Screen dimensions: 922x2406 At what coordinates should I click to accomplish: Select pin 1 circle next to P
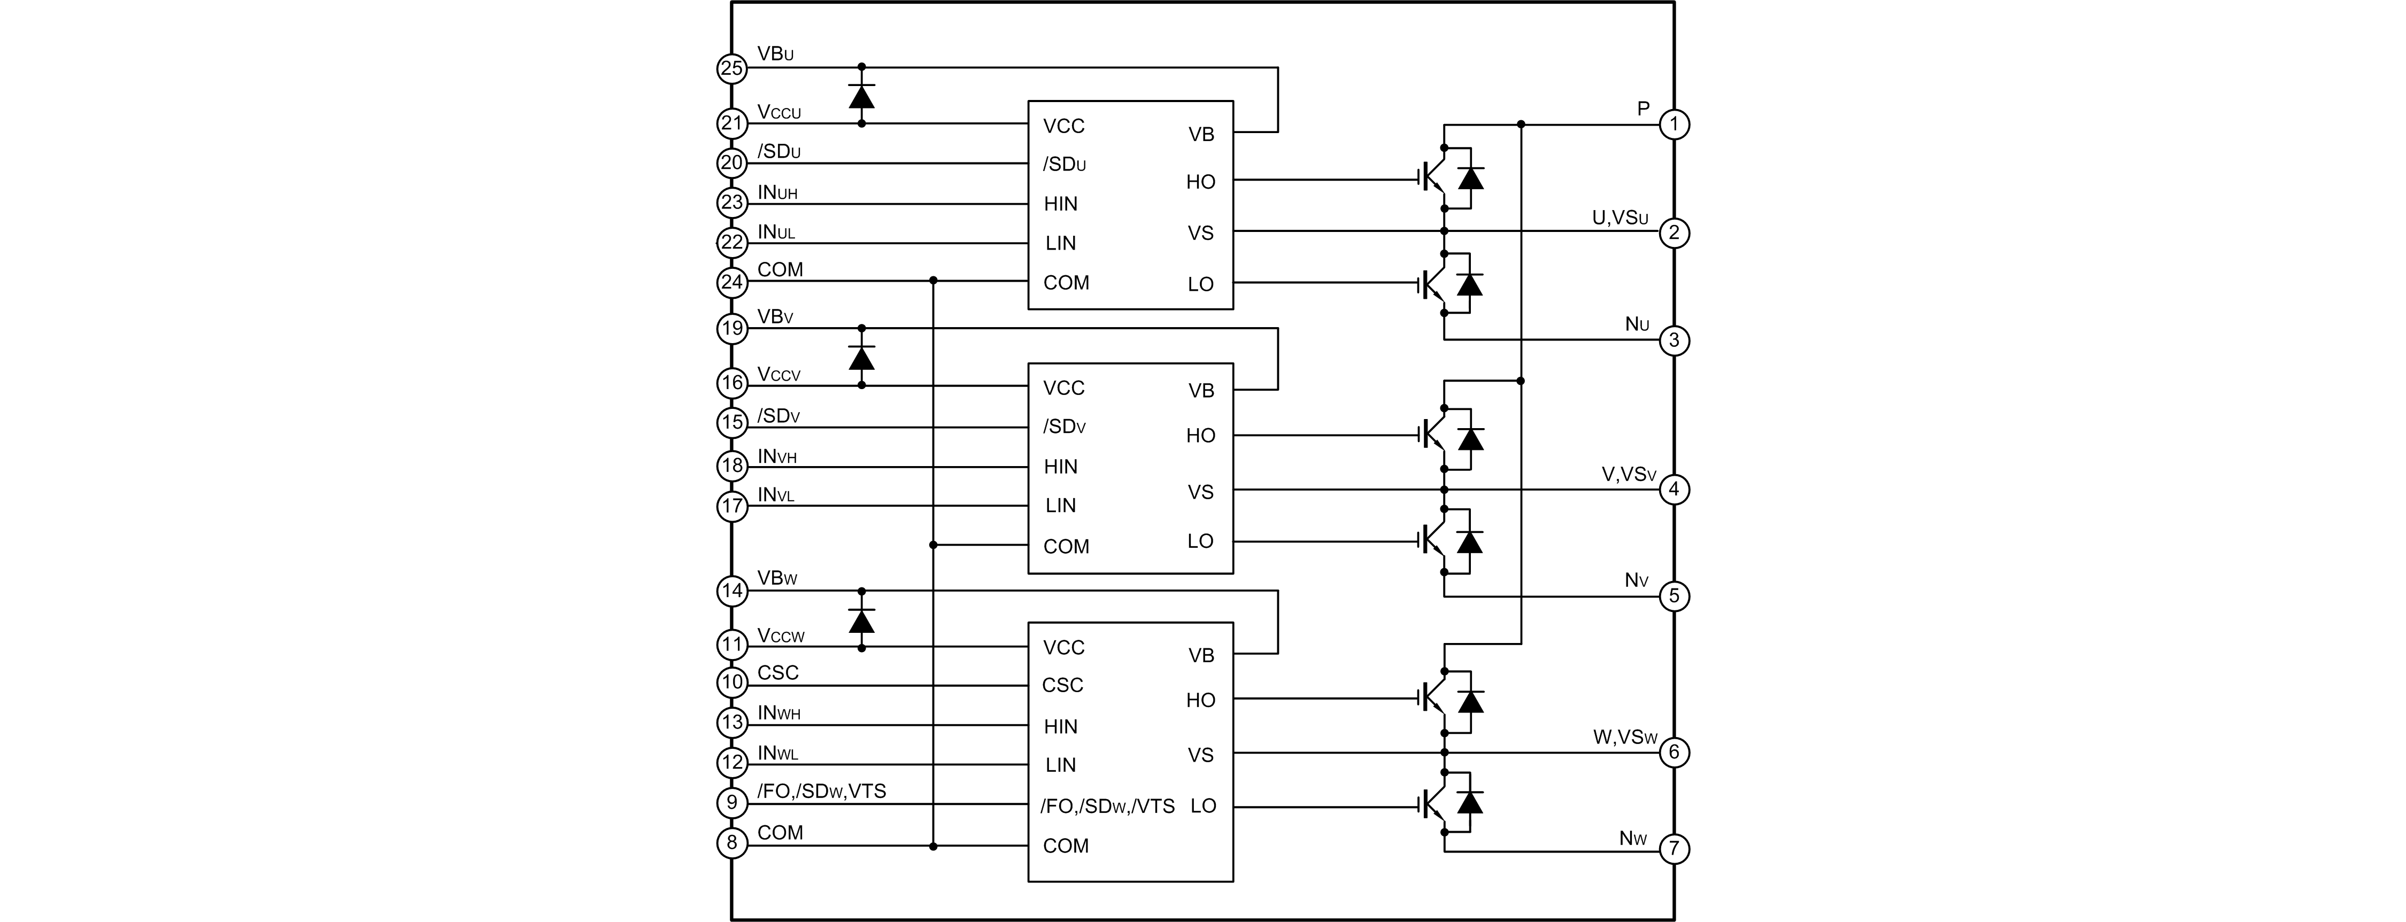click(1674, 124)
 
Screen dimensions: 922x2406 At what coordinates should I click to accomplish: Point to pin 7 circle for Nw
click(1674, 849)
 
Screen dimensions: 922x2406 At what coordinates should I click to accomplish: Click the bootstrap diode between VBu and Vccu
click(861, 95)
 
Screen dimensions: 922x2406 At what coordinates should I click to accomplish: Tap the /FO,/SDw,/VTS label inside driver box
click(1107, 806)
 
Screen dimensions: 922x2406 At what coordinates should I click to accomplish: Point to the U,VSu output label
click(1620, 218)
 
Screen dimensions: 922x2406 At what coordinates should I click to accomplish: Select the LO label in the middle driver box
click(1200, 541)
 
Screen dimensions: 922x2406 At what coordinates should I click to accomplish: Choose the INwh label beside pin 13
click(779, 713)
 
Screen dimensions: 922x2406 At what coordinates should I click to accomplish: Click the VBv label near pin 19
click(775, 316)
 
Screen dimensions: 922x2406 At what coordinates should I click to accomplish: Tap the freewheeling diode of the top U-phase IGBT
click(1470, 177)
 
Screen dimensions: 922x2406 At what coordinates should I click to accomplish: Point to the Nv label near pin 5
click(1637, 580)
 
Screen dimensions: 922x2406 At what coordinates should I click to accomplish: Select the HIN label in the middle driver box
click(1060, 466)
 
